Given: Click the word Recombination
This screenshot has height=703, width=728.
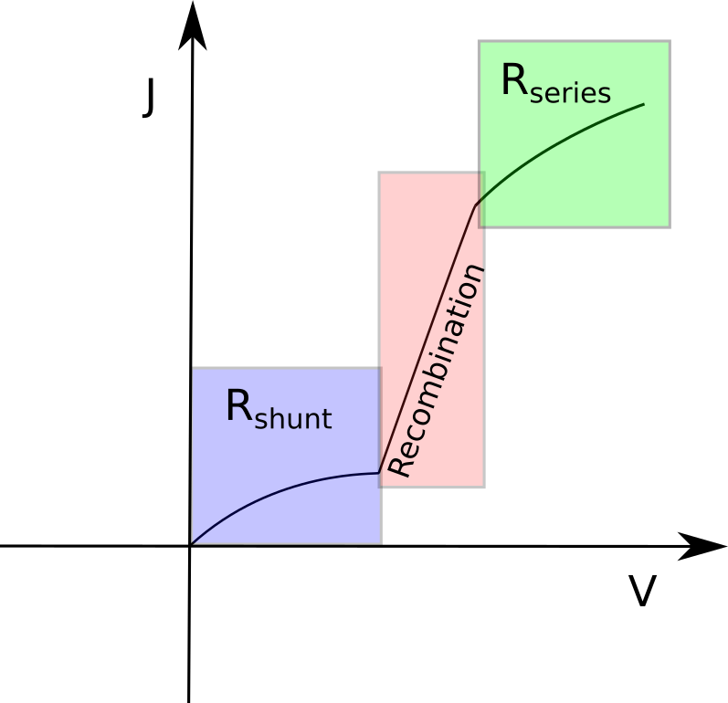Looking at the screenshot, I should click(436, 371).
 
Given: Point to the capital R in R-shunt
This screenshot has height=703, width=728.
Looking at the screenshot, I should click(237, 406).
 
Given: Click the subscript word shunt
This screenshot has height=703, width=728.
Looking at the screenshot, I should click(292, 420).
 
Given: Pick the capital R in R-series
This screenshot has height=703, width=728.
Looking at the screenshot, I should click(514, 81).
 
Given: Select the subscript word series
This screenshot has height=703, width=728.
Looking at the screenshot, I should click(570, 93).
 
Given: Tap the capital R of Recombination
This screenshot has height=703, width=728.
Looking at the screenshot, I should click(400, 465).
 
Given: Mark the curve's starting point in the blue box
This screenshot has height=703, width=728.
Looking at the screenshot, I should click(195, 540).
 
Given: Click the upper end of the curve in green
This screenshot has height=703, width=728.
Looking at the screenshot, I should click(643, 105).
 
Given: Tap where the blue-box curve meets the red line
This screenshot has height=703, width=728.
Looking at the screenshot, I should click(379, 473).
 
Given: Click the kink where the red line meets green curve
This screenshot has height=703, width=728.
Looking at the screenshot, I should click(476, 207).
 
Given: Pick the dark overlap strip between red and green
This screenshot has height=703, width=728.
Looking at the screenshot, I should click(481, 199).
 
